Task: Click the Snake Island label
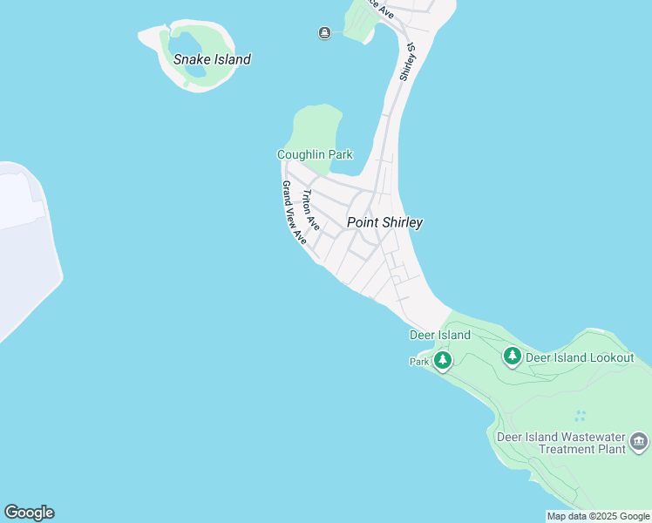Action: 212,59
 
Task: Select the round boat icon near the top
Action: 324,33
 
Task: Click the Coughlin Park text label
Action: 315,154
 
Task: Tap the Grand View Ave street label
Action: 294,212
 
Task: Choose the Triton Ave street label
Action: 310,210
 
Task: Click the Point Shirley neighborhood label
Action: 384,222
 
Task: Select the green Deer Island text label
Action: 440,335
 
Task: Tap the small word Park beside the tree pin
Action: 420,361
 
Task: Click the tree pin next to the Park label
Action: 443,359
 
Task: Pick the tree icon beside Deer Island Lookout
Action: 512,356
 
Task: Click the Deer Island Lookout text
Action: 581,357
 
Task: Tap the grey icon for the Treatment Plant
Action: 640,442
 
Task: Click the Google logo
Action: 29,513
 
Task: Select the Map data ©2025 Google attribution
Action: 598,516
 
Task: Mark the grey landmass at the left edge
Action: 22,244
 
